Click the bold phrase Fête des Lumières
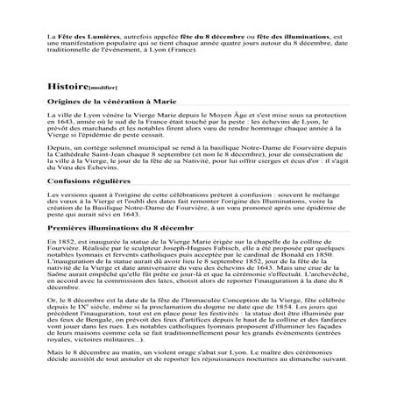tap(84, 39)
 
